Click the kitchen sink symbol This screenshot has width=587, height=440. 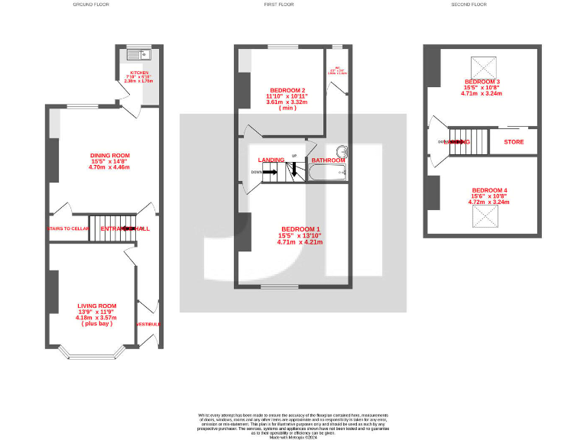tap(141, 54)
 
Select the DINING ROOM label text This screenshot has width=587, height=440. tap(110, 156)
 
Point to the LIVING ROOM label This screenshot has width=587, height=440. tap(96, 306)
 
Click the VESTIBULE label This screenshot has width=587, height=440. tap(149, 325)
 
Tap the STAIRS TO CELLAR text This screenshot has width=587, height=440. tap(69, 228)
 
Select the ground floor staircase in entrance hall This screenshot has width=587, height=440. tap(112, 228)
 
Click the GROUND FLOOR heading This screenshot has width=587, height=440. tap(91, 5)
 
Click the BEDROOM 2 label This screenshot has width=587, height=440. tap(281, 89)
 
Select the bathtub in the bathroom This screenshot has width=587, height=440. tap(328, 174)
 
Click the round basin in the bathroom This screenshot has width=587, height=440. tap(342, 151)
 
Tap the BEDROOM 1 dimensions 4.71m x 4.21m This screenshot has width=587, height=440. tap(300, 242)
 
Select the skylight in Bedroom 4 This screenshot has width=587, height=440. tap(482, 218)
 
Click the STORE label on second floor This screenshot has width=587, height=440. tap(514, 142)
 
